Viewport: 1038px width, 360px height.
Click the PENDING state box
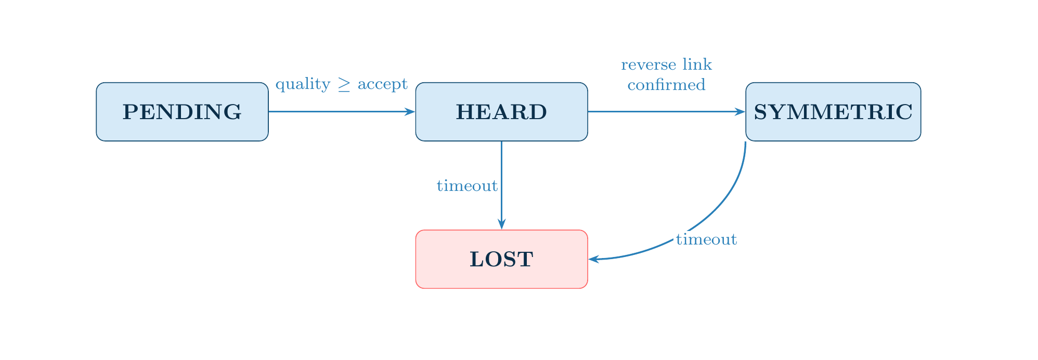[x=182, y=112]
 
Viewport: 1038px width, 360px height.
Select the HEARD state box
[x=501, y=112]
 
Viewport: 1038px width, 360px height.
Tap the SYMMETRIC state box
[x=833, y=112]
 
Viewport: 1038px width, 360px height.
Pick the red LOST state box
[x=501, y=259]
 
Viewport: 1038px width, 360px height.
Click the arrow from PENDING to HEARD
[x=338, y=111]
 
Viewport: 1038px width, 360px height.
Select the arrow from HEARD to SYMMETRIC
[x=666, y=111]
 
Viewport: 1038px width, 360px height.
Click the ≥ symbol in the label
[x=344, y=85]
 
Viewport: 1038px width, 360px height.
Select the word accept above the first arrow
[x=382, y=84]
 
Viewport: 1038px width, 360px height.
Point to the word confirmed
[x=666, y=85]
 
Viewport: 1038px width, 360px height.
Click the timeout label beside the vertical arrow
[x=467, y=186]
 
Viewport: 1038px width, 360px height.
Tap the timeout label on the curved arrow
[x=706, y=240]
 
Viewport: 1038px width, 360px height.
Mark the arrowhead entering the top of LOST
[x=501, y=224]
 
